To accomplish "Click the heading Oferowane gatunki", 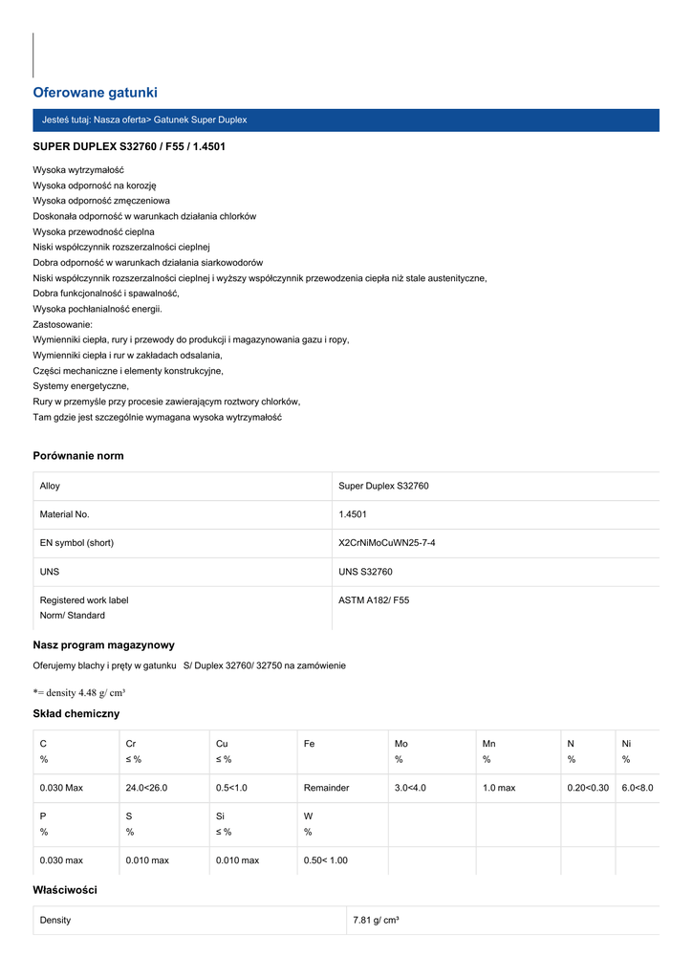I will pos(95,93).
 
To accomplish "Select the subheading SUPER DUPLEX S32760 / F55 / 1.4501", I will pos(129,147).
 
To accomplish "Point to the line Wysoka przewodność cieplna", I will pos(94,231).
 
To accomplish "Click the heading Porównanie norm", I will pos(78,456).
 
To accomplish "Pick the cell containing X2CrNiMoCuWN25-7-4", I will pos(393,543).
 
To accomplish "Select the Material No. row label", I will pos(64,514).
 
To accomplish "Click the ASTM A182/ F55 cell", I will pos(374,600).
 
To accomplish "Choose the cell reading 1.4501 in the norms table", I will pos(353,514).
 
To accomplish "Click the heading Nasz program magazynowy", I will pos(103,645).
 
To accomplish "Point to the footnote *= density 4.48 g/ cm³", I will pos(79,692).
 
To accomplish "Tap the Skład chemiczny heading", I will pos(76,714).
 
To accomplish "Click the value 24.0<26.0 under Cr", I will pos(146,788).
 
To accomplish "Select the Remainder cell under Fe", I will pos(326,788).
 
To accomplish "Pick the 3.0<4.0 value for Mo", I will pos(410,788).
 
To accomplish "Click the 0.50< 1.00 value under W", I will pos(325,860).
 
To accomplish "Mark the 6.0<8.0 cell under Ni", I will pos(637,788).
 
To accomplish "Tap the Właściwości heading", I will pos(65,890).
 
